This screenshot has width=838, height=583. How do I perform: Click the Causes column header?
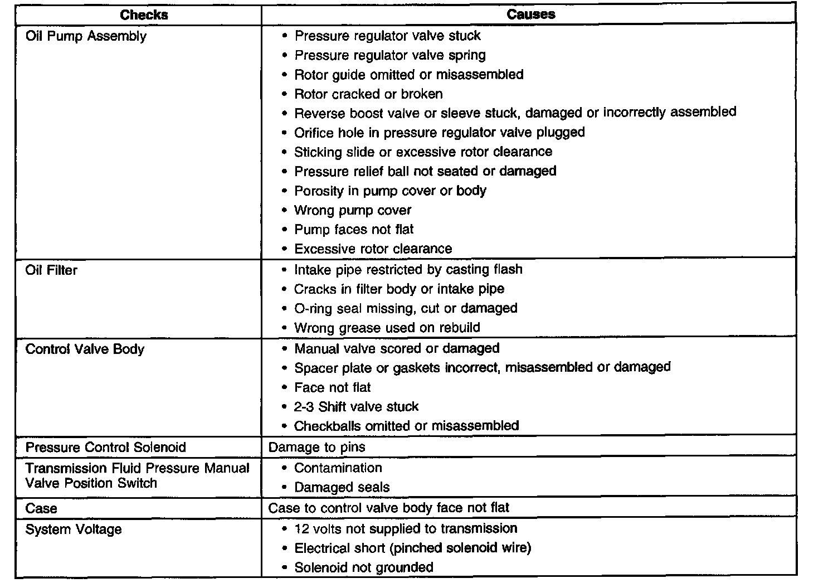click(530, 14)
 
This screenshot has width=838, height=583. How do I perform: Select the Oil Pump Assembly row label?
click(86, 37)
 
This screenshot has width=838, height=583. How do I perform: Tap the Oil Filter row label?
click(51, 270)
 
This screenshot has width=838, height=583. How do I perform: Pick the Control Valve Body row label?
click(85, 349)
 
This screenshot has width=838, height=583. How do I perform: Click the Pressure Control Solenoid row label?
click(105, 448)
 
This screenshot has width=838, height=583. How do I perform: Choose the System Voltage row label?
click(74, 529)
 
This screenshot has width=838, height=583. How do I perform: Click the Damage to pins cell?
click(316, 447)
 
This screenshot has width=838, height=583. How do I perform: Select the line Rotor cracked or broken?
click(368, 94)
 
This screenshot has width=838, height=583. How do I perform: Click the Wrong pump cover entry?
click(353, 210)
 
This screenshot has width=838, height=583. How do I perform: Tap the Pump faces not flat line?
click(354, 230)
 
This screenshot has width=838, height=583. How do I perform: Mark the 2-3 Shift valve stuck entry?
click(356, 407)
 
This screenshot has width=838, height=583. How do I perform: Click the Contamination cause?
click(338, 468)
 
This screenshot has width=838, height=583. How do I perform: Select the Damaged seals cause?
click(342, 487)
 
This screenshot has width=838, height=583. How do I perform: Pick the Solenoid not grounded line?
click(363, 567)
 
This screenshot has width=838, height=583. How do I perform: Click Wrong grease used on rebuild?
click(387, 328)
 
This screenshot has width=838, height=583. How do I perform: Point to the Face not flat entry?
click(332, 387)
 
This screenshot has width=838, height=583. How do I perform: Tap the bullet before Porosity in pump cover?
click(285, 191)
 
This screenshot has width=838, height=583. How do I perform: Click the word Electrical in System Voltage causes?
click(320, 548)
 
